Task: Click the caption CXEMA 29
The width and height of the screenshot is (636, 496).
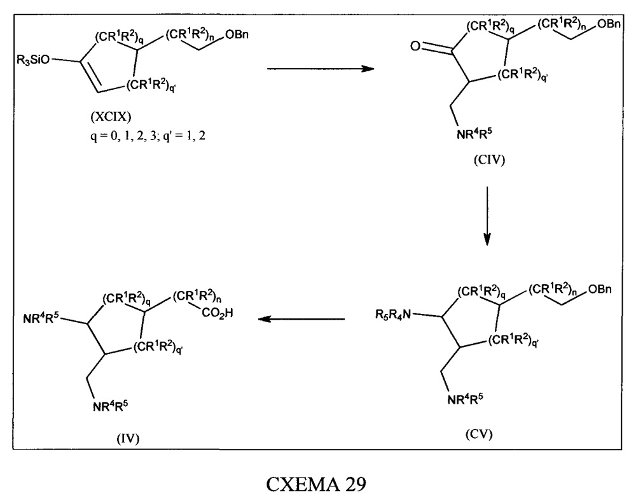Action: (x=316, y=483)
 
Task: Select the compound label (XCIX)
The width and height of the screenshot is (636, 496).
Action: (x=111, y=117)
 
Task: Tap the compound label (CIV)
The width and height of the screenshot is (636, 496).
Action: (x=489, y=160)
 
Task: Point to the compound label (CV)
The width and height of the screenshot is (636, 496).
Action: (x=479, y=434)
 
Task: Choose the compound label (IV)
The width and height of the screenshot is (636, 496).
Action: (x=128, y=438)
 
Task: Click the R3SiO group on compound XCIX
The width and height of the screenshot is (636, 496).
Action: (x=33, y=60)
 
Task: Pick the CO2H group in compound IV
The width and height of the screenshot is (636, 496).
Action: (x=217, y=314)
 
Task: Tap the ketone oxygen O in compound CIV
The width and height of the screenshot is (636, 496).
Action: (x=415, y=46)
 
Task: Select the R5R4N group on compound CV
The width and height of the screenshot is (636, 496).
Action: (x=393, y=314)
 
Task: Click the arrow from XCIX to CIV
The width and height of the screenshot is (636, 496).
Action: (x=321, y=69)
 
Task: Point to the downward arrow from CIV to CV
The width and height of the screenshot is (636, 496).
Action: (x=487, y=216)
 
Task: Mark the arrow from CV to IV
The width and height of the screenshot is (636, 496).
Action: (x=301, y=319)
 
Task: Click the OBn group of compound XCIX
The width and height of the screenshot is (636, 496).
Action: (x=237, y=34)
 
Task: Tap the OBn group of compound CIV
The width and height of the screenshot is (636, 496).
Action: (x=609, y=24)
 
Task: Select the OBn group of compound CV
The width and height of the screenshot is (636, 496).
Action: (x=600, y=289)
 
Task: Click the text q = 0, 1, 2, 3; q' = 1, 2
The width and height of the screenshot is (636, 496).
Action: (x=148, y=136)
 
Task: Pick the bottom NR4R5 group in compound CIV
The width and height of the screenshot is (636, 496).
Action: (x=474, y=133)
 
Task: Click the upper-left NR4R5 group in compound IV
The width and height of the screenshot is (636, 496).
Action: (x=41, y=318)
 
